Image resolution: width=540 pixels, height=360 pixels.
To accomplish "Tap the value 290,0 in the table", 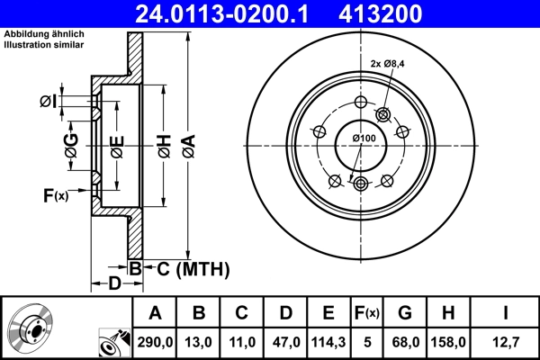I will coord(155,342).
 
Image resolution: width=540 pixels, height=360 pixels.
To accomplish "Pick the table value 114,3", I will coord(328,342).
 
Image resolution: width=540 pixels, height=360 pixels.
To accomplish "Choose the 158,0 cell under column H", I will coord(449,342).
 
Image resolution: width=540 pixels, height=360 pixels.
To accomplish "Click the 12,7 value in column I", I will coord(506,342).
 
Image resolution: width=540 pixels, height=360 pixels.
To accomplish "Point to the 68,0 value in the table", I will coord(405,342).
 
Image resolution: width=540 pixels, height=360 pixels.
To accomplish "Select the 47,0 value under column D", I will coord(284,342).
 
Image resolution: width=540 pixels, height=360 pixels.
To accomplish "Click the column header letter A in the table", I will coord(155,313).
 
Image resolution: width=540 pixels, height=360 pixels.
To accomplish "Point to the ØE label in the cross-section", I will coord(116,146).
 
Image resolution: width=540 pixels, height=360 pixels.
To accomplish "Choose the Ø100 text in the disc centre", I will coord(364,137).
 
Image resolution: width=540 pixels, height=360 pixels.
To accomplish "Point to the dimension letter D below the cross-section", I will coord(114,285).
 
